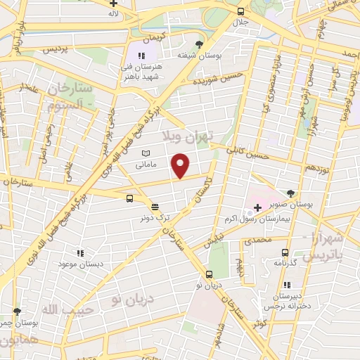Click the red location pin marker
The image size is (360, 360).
pos(181,165)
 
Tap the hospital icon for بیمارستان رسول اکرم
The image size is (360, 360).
pos(257,208)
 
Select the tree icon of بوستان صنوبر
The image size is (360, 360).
pos(290,192)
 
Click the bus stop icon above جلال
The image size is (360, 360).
pos(241,11)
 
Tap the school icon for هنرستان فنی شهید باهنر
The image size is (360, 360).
pos(141,56)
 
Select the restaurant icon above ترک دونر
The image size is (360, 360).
pos(155,207)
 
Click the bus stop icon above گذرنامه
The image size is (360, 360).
pos(285,252)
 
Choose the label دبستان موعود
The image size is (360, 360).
pos(77,263)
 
